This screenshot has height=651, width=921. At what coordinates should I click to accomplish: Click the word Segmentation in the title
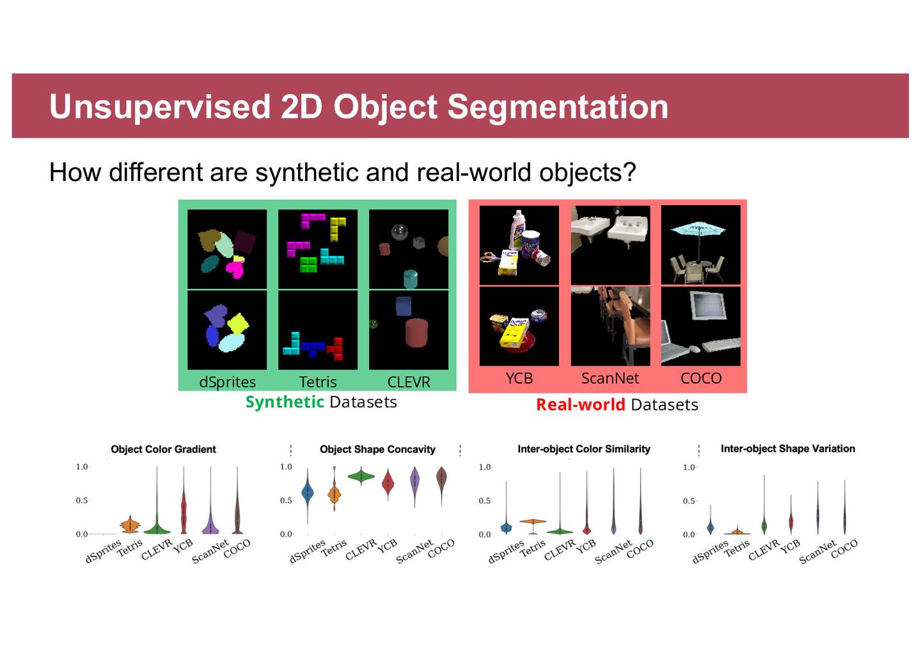558,107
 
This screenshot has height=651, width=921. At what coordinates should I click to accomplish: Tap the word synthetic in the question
307,172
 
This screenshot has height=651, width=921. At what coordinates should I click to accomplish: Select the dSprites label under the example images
228,382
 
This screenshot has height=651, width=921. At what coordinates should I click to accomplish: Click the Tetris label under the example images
318,382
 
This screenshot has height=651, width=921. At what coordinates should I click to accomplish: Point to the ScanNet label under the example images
610,378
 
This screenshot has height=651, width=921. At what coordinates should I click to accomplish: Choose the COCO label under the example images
701,378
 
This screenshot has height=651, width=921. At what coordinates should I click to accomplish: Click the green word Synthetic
285,402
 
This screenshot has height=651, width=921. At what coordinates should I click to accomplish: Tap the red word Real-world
581,405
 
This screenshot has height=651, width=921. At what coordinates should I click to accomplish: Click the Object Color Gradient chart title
163,449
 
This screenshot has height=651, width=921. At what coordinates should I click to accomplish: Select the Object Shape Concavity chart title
377,449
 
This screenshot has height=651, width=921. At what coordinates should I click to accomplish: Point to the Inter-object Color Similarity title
584,449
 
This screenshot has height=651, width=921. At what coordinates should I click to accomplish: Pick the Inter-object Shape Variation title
788,448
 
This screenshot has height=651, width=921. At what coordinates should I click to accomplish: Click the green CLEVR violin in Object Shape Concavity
361,476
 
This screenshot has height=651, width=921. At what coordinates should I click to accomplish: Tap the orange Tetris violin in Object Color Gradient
130,526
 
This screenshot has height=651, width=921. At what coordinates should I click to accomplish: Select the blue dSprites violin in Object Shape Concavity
308,492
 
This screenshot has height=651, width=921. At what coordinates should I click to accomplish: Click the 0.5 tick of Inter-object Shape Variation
689,501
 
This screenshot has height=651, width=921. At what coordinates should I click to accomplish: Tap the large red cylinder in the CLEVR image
416,333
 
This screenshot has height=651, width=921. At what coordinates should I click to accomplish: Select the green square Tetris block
308,264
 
